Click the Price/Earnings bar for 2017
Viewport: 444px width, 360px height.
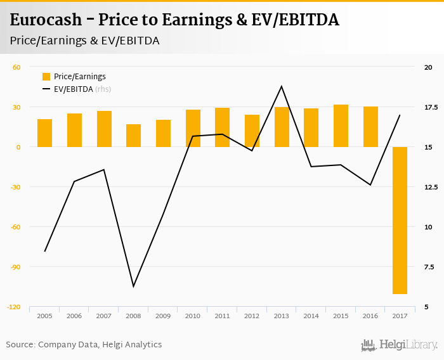(x=400, y=220)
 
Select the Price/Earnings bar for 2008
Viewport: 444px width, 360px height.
(x=133, y=136)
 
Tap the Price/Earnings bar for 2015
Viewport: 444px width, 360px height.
(x=341, y=125)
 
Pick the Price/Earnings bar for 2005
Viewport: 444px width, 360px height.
(x=44, y=133)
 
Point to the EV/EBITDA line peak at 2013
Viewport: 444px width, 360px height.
(x=282, y=86)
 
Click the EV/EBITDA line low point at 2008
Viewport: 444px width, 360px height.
(x=133, y=286)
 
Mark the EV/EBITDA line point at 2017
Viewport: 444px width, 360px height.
(x=400, y=115)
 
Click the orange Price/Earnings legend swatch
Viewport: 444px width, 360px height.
(x=46, y=77)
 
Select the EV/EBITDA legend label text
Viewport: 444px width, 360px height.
(x=74, y=89)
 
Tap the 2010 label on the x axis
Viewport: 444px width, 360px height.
(x=193, y=316)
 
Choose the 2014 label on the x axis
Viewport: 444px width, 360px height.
(x=311, y=316)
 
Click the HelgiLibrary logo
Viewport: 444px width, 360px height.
(x=399, y=345)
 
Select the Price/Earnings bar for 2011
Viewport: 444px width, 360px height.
(x=222, y=127)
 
